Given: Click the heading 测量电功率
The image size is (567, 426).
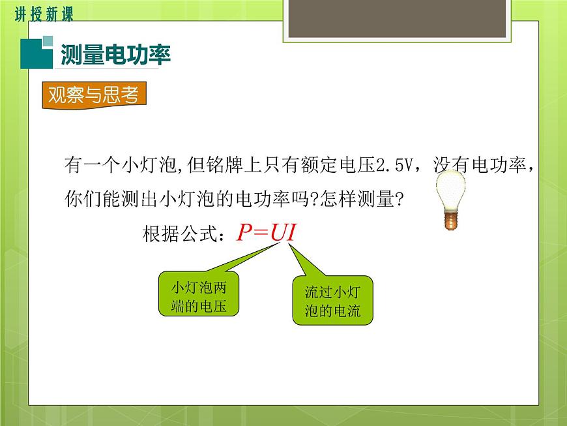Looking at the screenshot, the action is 116,55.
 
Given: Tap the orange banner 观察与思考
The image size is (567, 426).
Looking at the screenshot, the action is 94,95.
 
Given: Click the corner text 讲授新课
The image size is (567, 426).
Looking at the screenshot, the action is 44,14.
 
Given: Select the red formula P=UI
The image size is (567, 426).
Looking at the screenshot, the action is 267,232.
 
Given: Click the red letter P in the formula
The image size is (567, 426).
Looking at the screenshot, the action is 244,232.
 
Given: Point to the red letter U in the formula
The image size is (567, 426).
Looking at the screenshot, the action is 278,232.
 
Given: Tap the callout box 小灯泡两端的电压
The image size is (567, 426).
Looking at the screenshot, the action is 199,294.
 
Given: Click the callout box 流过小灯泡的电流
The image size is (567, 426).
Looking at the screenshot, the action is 332,300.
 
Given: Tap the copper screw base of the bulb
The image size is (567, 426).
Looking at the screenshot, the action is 450,220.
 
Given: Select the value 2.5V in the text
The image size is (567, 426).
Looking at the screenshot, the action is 394,165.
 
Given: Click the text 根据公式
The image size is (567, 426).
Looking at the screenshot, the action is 180,234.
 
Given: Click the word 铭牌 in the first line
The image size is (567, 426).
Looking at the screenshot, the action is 225,165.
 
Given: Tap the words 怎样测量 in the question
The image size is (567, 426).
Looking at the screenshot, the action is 357,199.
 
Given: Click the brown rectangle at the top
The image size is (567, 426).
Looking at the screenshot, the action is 397,18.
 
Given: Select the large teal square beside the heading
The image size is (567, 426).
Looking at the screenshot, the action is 36,54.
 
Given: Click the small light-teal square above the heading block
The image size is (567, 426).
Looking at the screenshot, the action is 48,41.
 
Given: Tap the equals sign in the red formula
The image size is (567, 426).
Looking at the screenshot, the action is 261,233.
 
